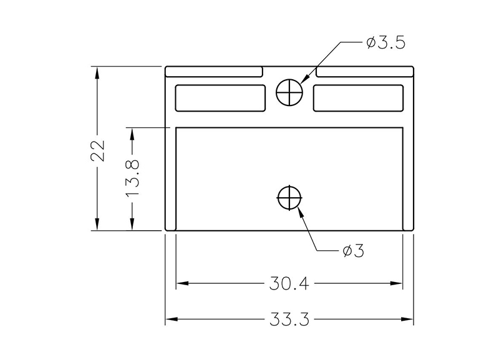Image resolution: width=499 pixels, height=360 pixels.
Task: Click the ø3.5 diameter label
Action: point(386,42)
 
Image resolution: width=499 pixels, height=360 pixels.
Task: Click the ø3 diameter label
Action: point(353,251)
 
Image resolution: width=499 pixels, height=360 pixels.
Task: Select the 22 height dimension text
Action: point(98,150)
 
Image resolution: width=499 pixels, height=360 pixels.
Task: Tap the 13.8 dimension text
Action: point(132,178)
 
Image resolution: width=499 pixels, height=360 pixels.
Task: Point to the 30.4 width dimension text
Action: point(289,283)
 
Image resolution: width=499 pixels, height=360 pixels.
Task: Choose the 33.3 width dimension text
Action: point(289,319)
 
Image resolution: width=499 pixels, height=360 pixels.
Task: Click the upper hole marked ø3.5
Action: point(289,92)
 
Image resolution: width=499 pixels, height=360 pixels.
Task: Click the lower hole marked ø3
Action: point(289,198)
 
